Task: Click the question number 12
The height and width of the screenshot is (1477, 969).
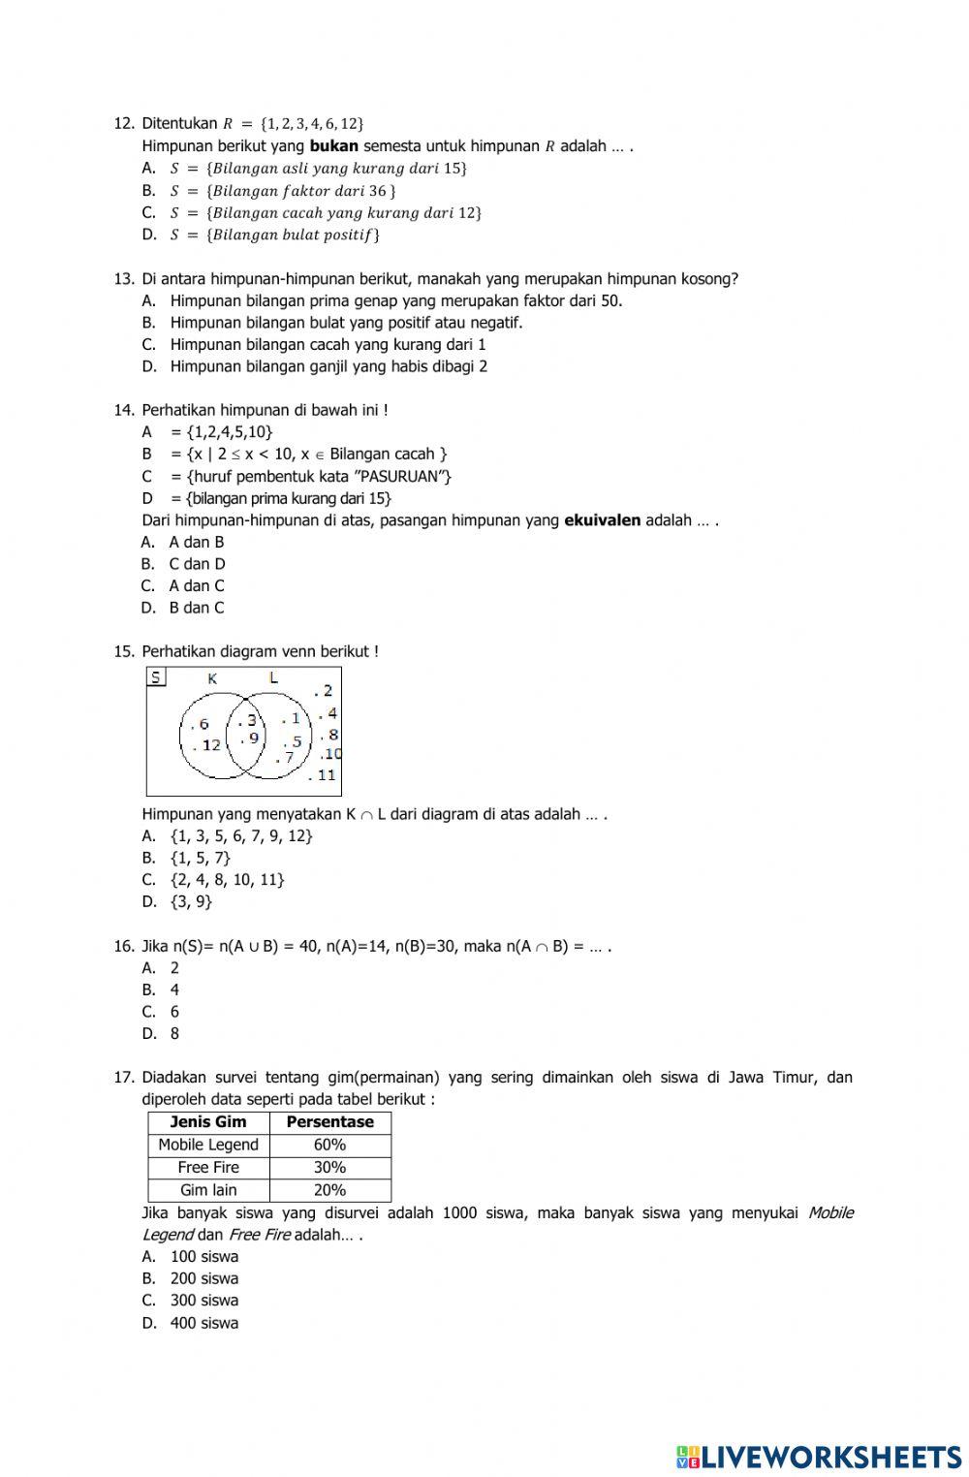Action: click(123, 123)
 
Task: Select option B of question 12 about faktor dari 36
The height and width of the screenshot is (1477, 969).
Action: click(282, 191)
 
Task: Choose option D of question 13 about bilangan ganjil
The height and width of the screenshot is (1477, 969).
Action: click(328, 366)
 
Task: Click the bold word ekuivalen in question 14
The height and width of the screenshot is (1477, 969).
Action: click(602, 520)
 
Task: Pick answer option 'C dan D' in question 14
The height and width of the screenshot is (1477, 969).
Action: click(197, 564)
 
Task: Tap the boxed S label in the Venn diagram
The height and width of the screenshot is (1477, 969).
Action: click(156, 677)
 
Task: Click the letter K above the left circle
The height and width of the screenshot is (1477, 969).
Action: click(211, 678)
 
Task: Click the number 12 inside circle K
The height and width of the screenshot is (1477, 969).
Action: click(210, 745)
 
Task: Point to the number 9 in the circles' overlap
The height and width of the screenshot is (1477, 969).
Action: click(253, 738)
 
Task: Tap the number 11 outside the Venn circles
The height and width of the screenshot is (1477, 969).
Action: click(326, 774)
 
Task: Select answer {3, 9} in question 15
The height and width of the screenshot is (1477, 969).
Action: click(190, 901)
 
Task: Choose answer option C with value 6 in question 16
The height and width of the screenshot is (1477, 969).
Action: click(174, 1012)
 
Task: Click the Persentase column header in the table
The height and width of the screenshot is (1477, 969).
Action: click(329, 1122)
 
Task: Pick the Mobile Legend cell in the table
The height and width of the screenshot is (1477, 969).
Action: click(208, 1145)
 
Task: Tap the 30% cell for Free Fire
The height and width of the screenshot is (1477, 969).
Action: click(329, 1168)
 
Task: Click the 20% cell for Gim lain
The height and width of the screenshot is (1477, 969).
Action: click(329, 1190)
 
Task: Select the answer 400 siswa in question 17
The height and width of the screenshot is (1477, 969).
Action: click(203, 1323)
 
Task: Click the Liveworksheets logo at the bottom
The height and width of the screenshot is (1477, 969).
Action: click(819, 1456)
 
